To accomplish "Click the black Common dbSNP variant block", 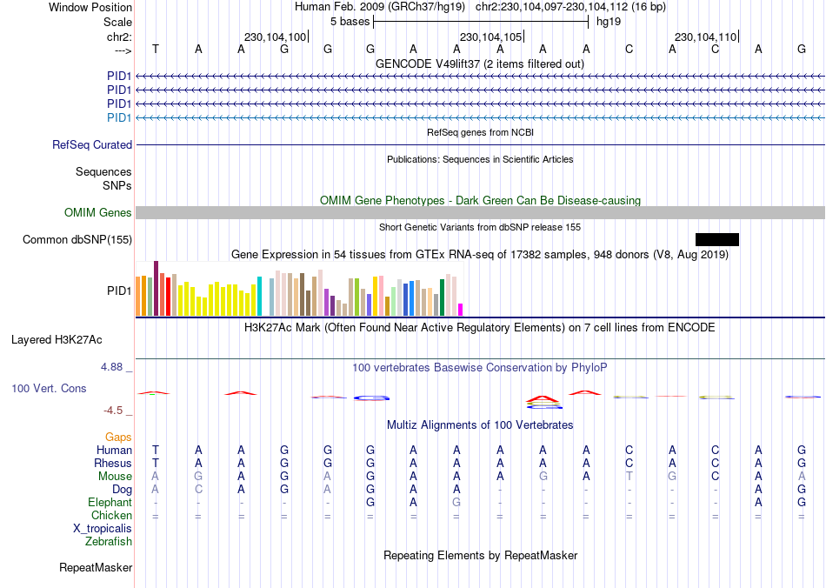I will click(716, 239).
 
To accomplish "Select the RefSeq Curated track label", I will click(92, 145).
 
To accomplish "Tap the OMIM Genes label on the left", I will click(98, 213).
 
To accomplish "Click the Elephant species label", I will click(110, 503).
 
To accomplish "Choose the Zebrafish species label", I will click(109, 542).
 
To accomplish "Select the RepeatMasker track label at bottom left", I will click(96, 568).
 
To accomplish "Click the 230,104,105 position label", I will click(491, 37).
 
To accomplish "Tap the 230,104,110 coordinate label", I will click(705, 37).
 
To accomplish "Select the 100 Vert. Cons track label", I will click(49, 388).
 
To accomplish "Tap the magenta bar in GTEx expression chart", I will click(460, 310).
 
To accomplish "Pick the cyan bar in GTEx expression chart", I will click(259, 297).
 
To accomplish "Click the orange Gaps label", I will click(118, 437).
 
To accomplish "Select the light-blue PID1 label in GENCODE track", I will click(119, 117).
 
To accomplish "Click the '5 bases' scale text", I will click(349, 21).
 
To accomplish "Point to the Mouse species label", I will click(115, 477).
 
